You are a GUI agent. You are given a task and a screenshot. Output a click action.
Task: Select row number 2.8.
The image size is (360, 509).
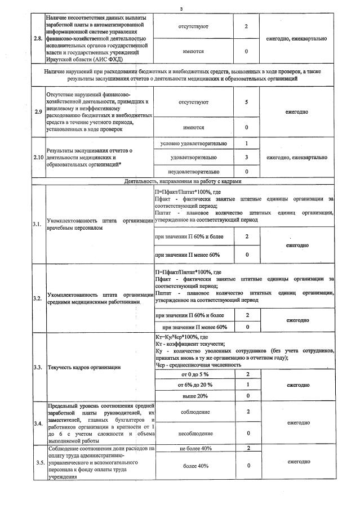click(38, 39)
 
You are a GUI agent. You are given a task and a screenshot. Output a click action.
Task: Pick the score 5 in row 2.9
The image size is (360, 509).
click(247, 102)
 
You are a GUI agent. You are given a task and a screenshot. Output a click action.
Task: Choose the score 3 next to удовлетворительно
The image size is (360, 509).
click(247, 157)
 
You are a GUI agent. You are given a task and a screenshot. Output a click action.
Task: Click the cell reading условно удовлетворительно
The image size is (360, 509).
click(193, 144)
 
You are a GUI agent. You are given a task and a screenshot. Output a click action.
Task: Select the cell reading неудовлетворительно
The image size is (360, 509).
click(193, 171)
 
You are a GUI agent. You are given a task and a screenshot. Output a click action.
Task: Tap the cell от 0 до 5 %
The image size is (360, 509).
click(193, 374)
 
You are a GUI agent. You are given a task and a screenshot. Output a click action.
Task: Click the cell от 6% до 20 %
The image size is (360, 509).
click(194, 385)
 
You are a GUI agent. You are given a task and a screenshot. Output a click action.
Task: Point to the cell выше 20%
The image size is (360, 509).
click(193, 396)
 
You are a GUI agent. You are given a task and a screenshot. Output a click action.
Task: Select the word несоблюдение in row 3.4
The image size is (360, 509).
click(194, 434)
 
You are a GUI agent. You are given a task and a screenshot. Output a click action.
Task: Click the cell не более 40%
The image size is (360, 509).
click(194, 448)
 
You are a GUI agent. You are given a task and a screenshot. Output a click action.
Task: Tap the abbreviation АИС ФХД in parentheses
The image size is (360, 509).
click(106, 59)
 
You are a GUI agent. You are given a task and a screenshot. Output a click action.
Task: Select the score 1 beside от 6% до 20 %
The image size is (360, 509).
click(247, 385)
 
